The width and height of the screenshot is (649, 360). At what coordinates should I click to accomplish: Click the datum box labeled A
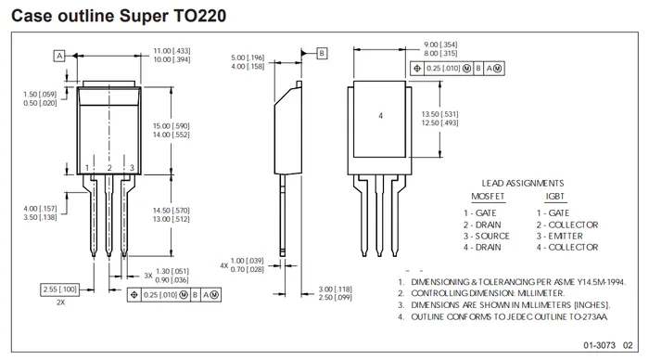click(x=59, y=56)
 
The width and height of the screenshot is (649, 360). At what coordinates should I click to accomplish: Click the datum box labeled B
click(x=322, y=53)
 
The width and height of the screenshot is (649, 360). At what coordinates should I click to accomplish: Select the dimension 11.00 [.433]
click(x=172, y=50)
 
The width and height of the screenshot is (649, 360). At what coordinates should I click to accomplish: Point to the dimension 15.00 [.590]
click(x=172, y=125)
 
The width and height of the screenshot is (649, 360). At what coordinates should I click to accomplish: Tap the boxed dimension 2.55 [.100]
click(x=60, y=289)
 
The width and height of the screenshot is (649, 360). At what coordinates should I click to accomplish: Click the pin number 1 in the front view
click(x=87, y=168)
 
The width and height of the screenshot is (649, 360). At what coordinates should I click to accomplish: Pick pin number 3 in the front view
click(x=132, y=168)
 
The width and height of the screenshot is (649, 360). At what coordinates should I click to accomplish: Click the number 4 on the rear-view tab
click(x=380, y=116)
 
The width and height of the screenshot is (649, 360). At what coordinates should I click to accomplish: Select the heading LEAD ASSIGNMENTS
click(x=522, y=183)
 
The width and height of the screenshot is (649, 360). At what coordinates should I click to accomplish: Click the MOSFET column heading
click(x=488, y=197)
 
